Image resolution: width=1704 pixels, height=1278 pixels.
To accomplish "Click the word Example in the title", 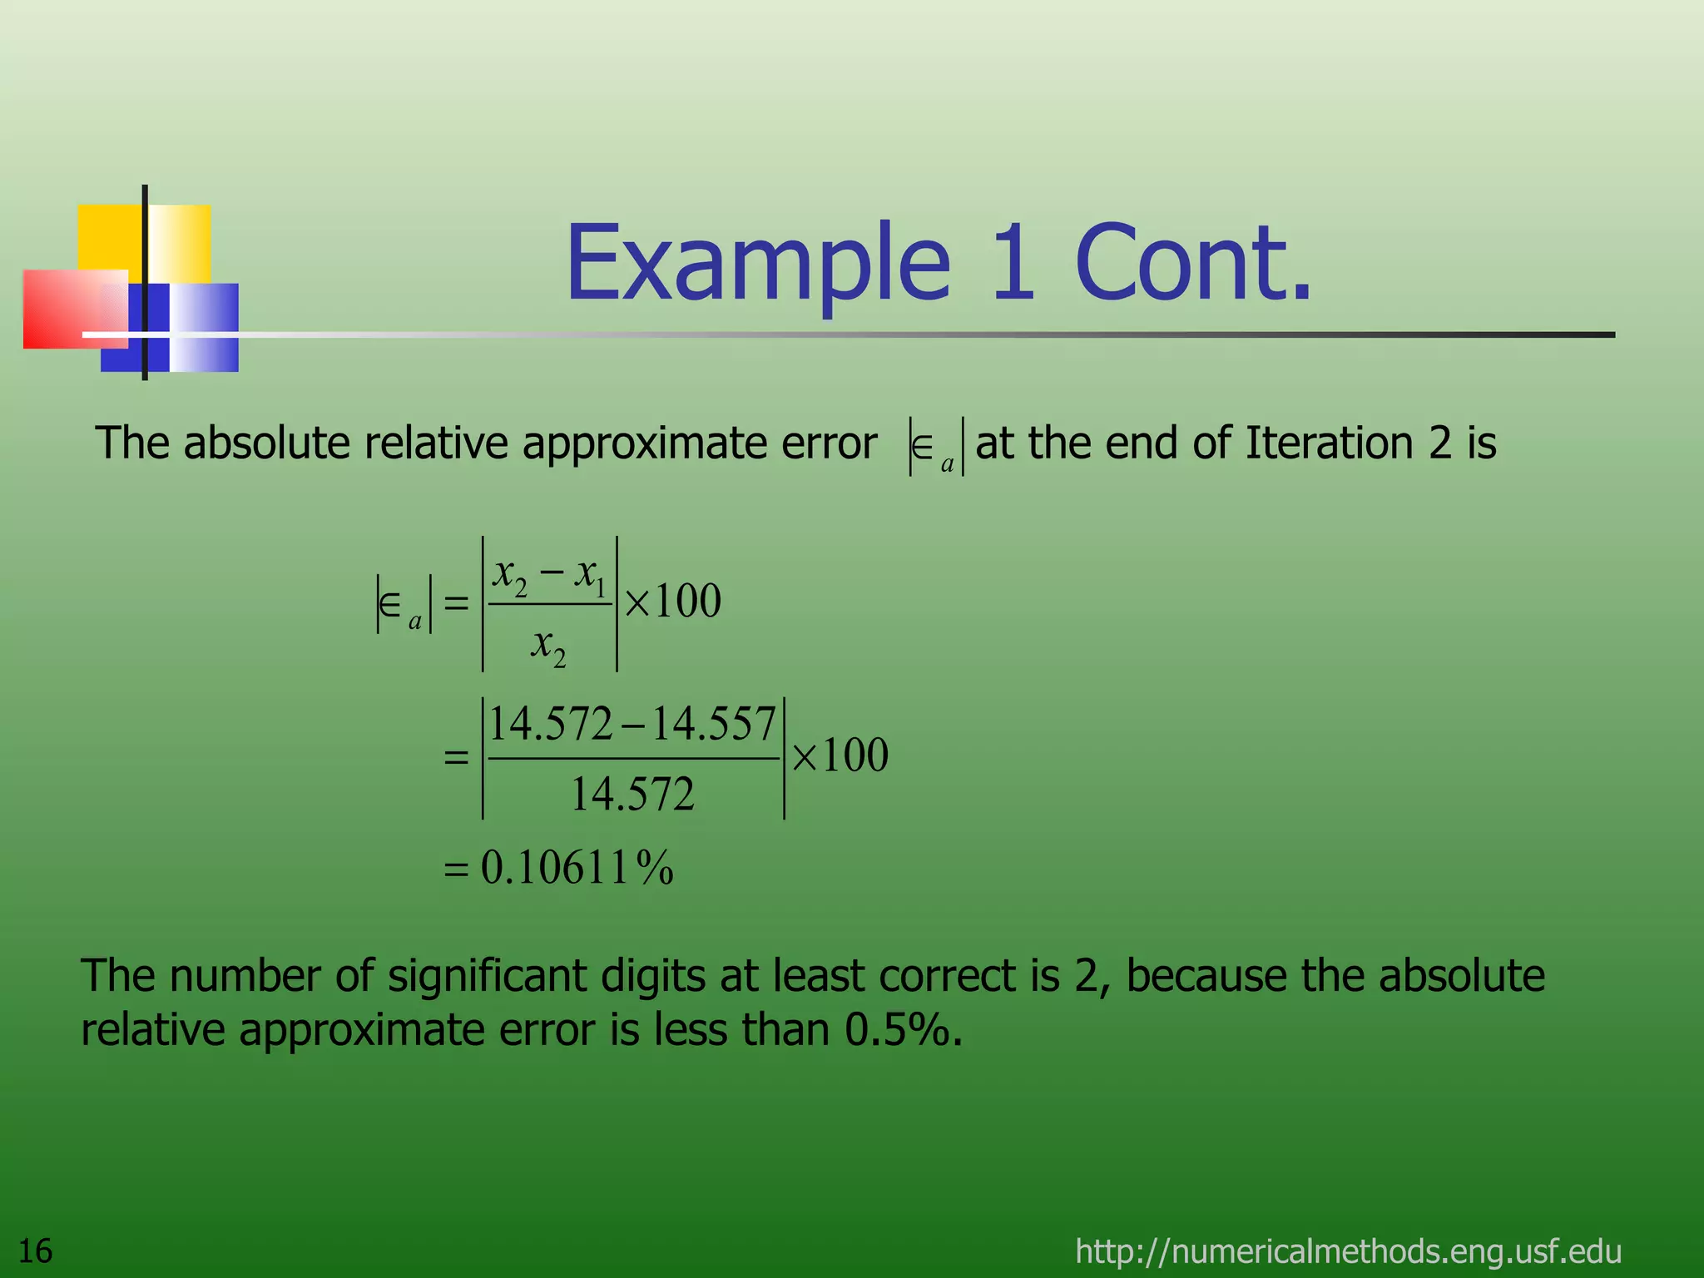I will coord(757,265).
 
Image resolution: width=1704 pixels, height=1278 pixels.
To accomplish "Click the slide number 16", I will coord(35,1251).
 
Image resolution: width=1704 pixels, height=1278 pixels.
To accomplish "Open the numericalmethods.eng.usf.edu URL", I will coord(1348,1251).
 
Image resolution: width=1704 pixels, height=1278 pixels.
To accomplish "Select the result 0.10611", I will coord(554,868).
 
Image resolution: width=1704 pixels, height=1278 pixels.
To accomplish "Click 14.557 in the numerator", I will coord(713,724).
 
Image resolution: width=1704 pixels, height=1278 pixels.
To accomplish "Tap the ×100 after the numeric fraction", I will coord(840,755).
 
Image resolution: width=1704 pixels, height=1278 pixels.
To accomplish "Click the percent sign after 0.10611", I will coord(655,868).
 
